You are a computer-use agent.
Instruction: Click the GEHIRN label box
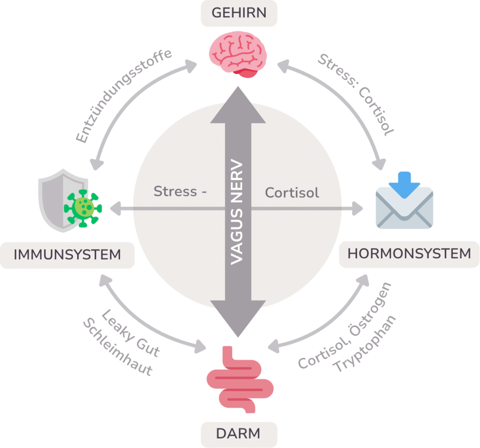tap(239, 13)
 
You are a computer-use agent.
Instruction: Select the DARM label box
tap(239, 433)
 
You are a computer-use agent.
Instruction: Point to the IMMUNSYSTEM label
tap(67, 255)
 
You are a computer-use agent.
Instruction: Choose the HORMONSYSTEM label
tap(409, 254)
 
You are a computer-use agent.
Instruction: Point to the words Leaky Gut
tap(130, 332)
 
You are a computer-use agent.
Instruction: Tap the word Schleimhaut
tap(117, 347)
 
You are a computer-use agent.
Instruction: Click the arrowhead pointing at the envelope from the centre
tap(358, 209)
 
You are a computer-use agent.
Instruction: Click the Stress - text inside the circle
tap(180, 192)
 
